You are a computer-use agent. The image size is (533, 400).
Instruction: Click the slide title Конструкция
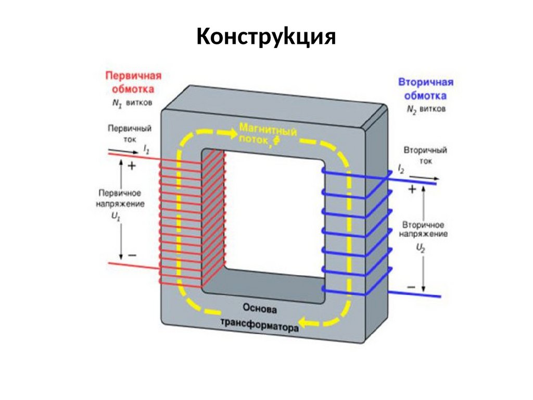coord(266,37)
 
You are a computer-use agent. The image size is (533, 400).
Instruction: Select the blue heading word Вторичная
coord(425,82)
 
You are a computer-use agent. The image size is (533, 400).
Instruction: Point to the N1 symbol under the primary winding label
coord(116,103)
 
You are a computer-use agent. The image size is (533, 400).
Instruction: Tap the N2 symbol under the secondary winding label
coord(412,110)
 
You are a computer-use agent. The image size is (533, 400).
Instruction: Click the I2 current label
coord(401,169)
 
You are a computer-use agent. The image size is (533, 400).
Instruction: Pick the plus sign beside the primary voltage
coord(131,166)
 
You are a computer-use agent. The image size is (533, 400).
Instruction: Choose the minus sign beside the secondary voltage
coord(411,287)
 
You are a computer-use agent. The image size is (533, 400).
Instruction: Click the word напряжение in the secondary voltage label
coord(424,234)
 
